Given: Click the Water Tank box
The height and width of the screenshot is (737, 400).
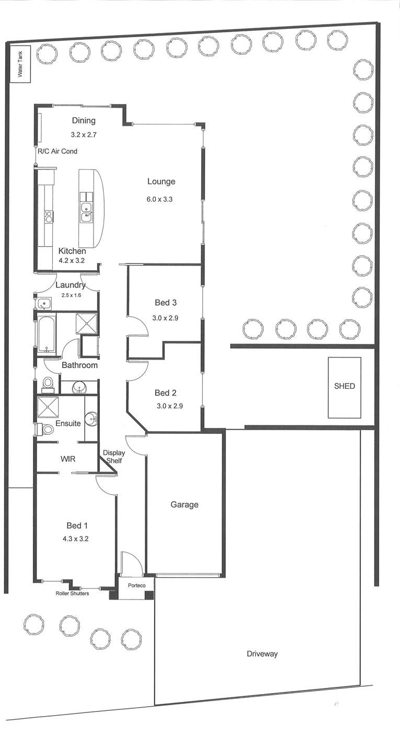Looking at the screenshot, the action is tap(20, 64).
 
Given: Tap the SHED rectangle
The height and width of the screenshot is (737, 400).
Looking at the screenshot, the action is tap(345, 388).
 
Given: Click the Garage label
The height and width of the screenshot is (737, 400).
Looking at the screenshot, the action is tap(185, 504).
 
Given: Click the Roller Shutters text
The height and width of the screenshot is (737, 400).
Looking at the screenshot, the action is tap(72, 593).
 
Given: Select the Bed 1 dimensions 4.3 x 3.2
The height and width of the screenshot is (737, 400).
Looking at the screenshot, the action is tap(75, 538).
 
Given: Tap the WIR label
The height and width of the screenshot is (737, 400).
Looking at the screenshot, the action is tap(68, 458).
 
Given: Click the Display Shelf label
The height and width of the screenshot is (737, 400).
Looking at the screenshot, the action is tap(114, 457).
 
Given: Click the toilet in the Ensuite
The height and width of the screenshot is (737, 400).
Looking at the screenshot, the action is tap(45, 429).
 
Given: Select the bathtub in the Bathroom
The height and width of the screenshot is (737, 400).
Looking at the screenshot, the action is tap(47, 334).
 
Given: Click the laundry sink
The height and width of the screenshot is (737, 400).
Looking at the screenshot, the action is tap(43, 303).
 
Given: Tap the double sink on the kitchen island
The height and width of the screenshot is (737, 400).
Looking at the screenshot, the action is tap(87, 212).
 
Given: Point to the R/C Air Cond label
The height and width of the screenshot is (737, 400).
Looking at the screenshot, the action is tap(58, 152).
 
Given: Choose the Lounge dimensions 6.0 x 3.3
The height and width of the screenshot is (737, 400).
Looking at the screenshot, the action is tap(159, 199).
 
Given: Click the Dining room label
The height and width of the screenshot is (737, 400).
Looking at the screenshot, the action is tap(84, 121).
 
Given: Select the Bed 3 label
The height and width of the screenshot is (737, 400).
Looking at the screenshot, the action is tap(166, 302).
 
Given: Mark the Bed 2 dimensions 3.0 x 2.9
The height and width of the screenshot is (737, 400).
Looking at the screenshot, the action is tap(169, 406).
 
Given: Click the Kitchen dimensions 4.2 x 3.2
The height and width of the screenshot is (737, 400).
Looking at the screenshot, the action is tap(72, 260).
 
